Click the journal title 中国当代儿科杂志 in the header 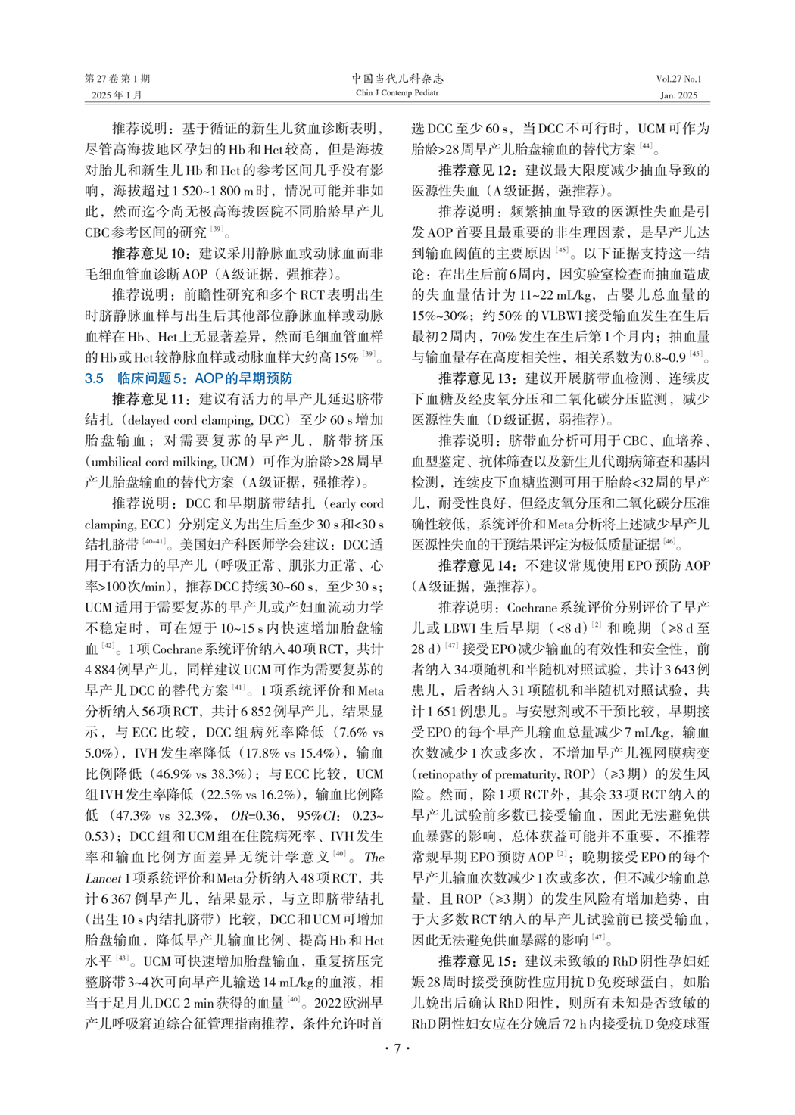[x=397, y=79]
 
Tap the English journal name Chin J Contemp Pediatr [x=397, y=93]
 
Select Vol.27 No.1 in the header [x=678, y=79]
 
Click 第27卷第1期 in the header [x=117, y=79]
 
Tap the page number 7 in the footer [x=397, y=1048]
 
